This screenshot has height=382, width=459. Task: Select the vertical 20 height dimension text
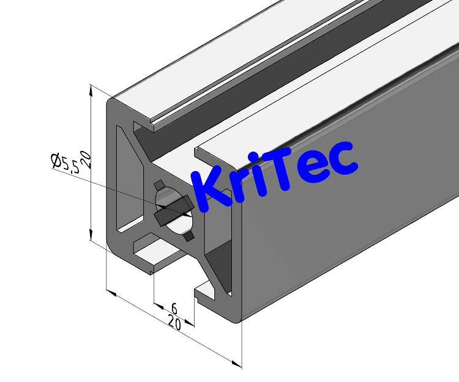(86, 160)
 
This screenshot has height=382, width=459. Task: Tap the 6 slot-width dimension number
(174, 307)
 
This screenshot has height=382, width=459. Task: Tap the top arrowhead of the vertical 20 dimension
(91, 89)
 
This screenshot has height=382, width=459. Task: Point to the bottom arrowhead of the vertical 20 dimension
(91, 236)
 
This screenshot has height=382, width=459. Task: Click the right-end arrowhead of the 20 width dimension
(237, 364)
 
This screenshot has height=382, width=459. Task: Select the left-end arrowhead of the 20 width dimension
(111, 294)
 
